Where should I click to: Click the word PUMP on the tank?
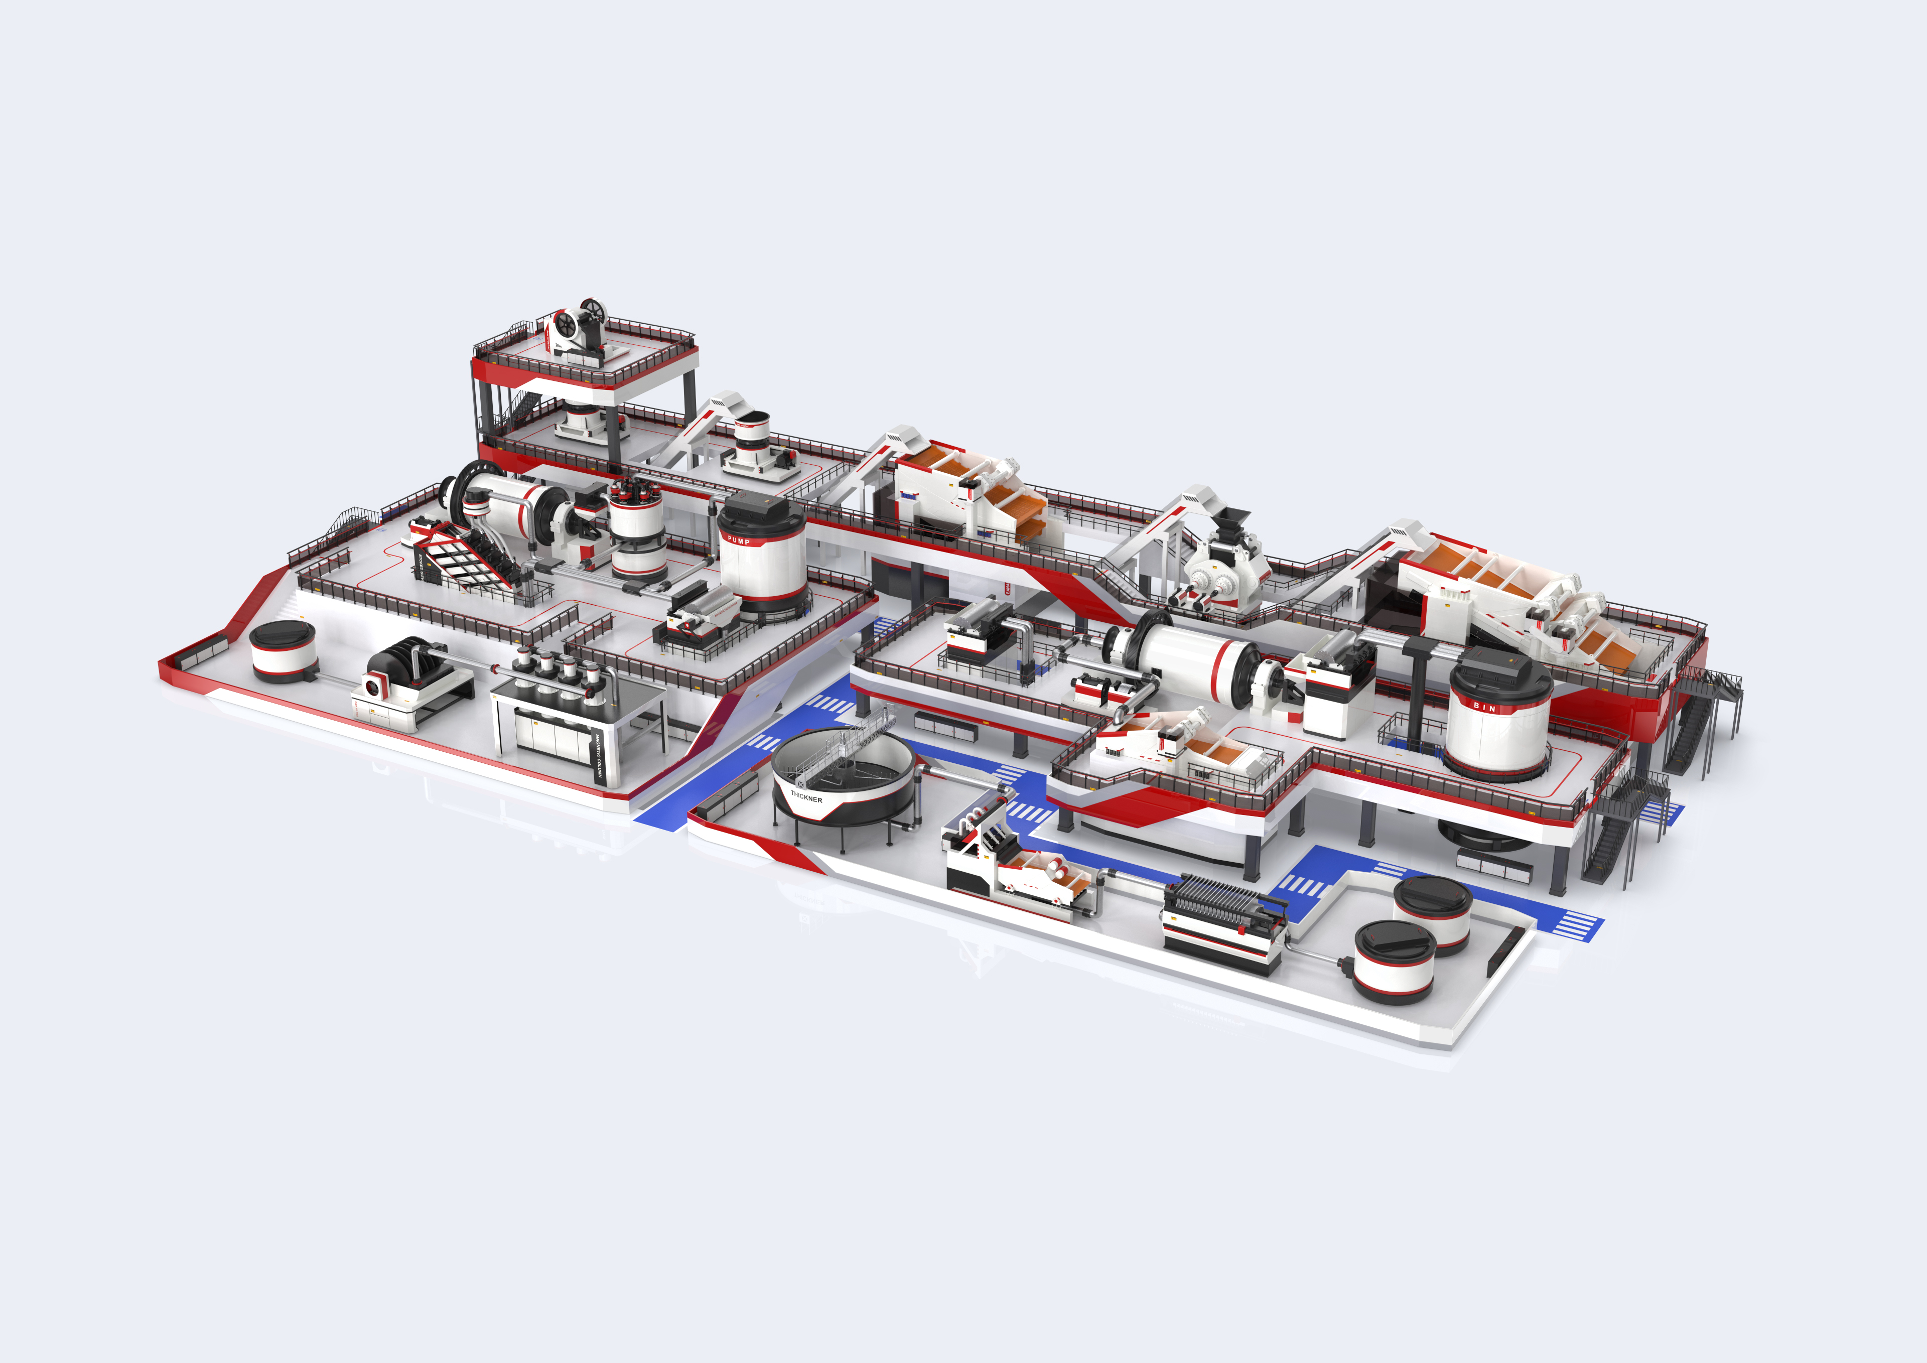(739, 540)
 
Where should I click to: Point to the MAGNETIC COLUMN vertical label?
(598, 760)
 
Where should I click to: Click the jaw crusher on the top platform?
(578, 329)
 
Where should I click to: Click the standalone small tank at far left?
(283, 650)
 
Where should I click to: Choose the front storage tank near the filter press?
(1393, 961)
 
